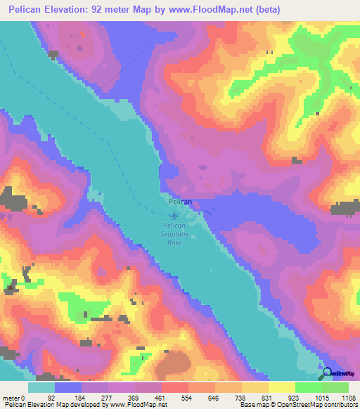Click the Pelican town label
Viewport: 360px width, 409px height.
pos(180,202)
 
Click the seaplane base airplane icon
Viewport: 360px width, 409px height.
pos(176,214)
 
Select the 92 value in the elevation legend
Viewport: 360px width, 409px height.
pos(51,397)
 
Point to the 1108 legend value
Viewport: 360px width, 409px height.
pos(348,397)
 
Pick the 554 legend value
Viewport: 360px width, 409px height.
pos(186,397)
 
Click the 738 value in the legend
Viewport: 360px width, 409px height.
pos(240,397)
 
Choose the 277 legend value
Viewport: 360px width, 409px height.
pos(105,397)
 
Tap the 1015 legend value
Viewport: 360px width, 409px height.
pos(321,397)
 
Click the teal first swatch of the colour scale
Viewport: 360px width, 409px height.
pos(41,387)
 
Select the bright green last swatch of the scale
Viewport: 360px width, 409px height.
pos(335,387)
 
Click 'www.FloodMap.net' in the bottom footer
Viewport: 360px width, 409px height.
pos(129,405)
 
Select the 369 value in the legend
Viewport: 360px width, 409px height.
pos(131,397)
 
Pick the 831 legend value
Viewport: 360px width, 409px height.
pos(267,397)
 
